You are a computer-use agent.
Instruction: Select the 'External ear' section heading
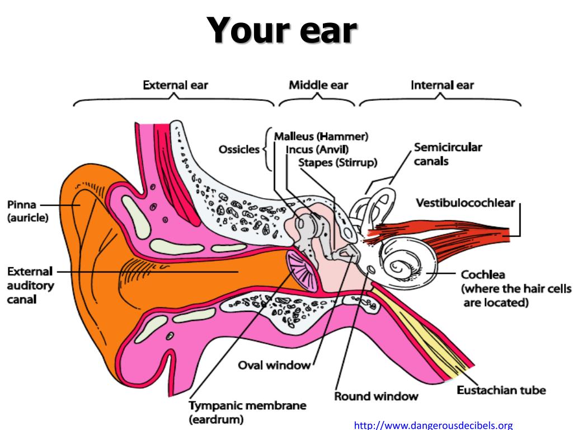[x=175, y=86]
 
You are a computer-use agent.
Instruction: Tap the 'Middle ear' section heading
[x=318, y=85]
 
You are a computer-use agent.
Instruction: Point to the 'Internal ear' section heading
[x=442, y=86]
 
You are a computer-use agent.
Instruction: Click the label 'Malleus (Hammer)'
[x=321, y=136]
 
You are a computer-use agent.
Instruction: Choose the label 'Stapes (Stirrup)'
[x=337, y=162]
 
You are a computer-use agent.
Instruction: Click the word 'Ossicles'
[x=239, y=150]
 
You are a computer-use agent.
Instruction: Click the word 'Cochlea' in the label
[x=483, y=275]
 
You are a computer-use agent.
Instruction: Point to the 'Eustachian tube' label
[x=501, y=390]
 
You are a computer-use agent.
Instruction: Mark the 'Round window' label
[x=376, y=396]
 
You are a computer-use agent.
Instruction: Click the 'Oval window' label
[x=274, y=365]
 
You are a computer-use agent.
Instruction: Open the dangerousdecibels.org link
[x=434, y=425]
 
